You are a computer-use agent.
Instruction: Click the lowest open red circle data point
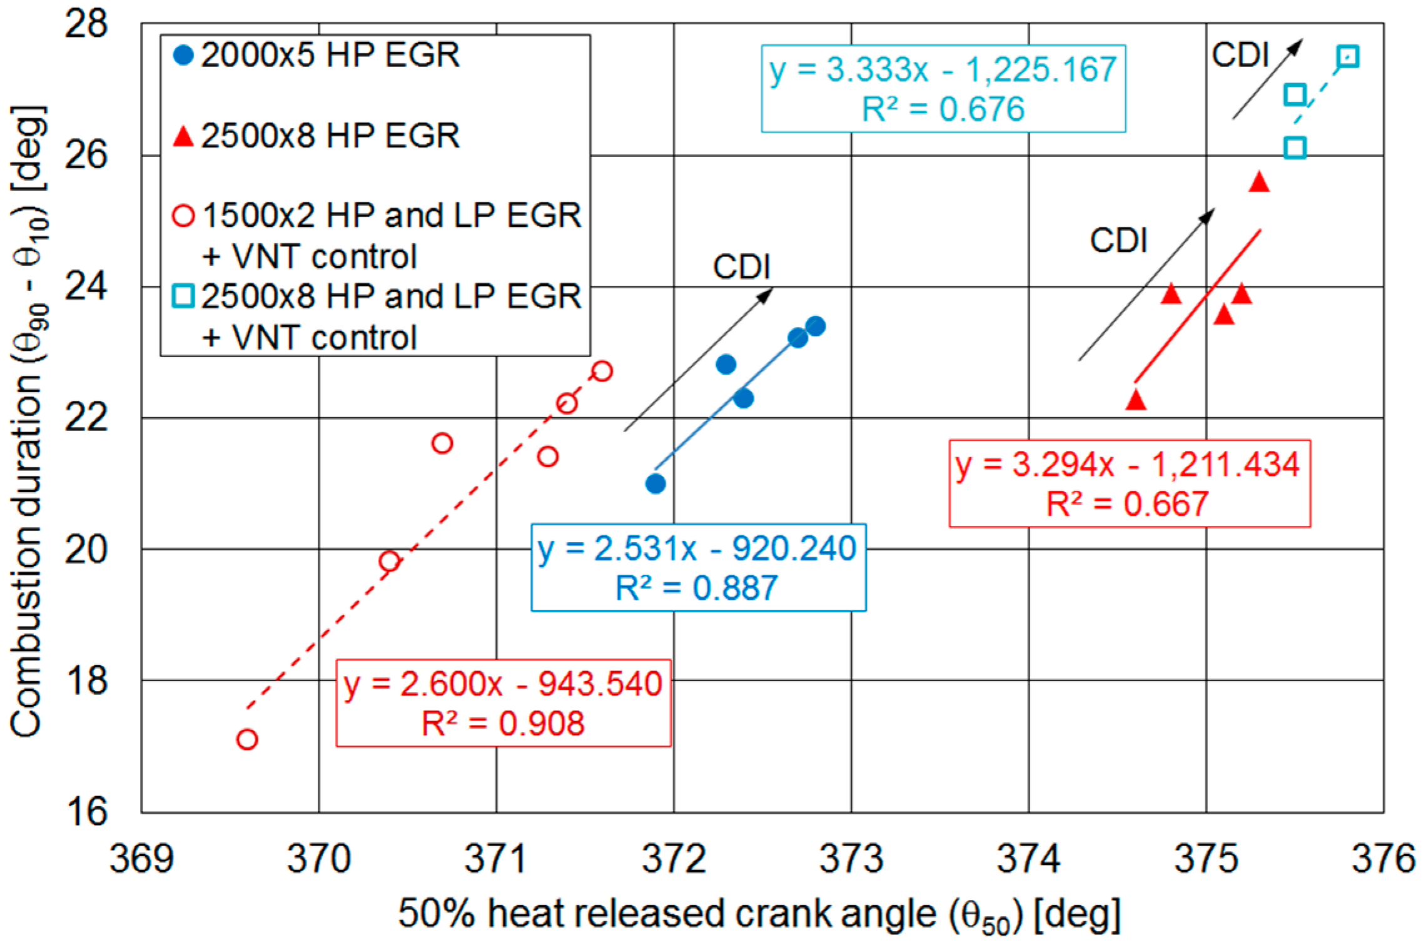[x=247, y=739]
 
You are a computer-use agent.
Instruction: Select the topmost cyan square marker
[x=1347, y=57]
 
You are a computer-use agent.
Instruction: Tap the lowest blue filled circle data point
[x=655, y=483]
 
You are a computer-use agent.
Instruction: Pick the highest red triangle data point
[x=1259, y=183]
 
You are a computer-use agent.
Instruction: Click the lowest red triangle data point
[x=1136, y=400]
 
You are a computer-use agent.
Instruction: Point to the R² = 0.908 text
[x=503, y=724]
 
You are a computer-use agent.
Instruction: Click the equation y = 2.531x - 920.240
[x=697, y=548]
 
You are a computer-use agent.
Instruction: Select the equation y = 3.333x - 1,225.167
[x=943, y=69]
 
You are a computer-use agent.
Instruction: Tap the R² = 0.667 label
[x=1128, y=504]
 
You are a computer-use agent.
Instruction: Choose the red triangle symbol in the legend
[x=183, y=136]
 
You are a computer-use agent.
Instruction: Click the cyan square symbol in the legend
[x=183, y=296]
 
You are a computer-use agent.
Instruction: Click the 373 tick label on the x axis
[x=851, y=859]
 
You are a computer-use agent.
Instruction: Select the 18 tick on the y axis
[x=86, y=680]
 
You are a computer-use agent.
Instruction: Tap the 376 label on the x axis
[x=1383, y=859]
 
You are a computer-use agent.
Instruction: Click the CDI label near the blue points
[x=741, y=267]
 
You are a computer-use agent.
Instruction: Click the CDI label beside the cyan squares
[x=1240, y=55]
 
